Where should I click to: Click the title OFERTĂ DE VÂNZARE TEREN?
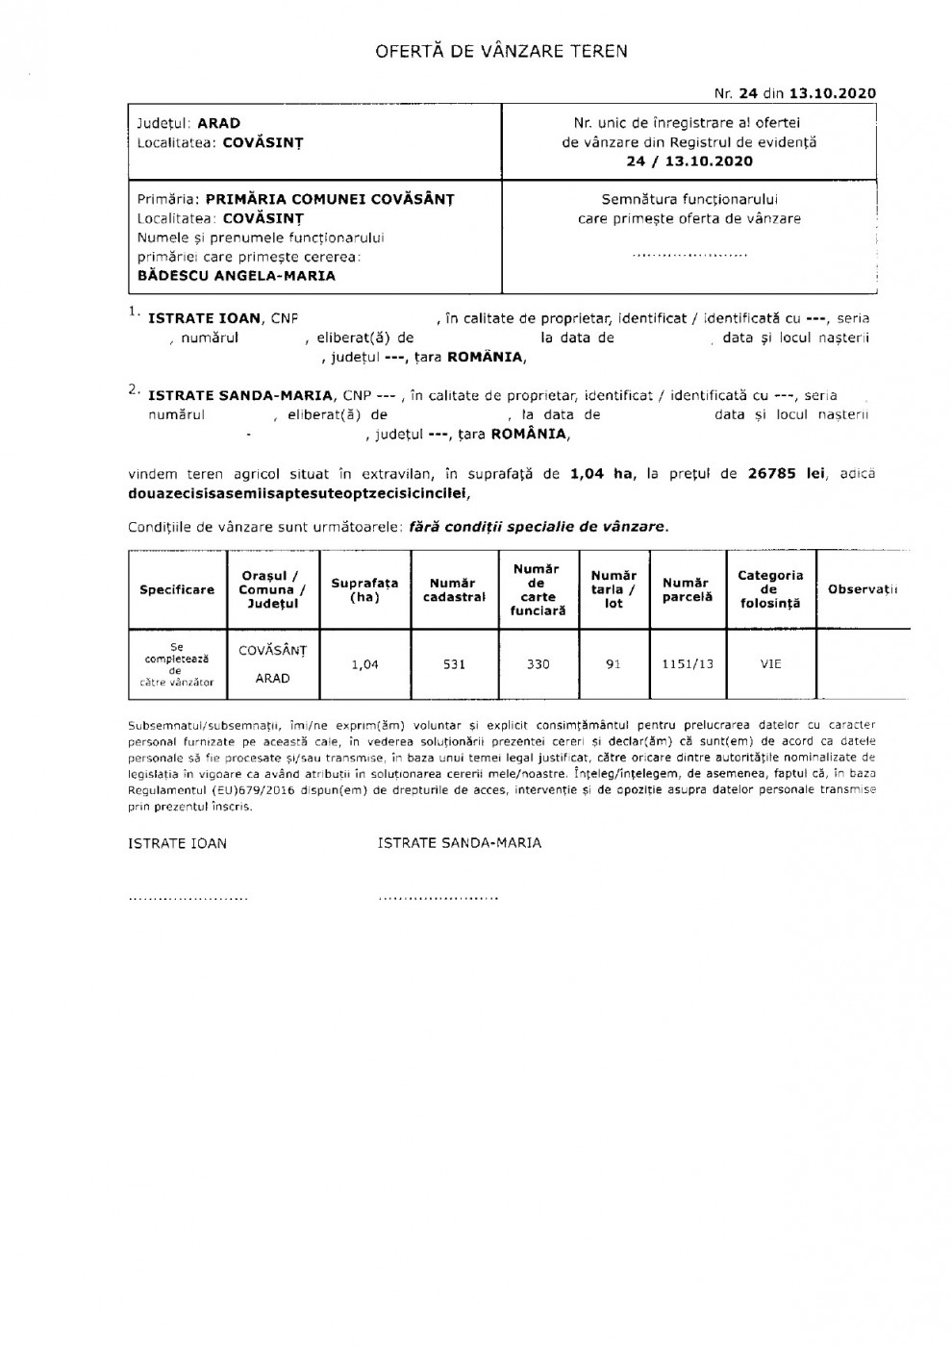click(x=501, y=51)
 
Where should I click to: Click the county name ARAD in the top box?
click(x=219, y=123)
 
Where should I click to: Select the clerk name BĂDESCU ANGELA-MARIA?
click(x=237, y=276)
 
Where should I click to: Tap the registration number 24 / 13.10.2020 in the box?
click(x=689, y=162)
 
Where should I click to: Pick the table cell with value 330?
click(x=538, y=664)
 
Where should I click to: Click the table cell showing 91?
click(x=614, y=664)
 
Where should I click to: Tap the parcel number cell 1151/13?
click(x=688, y=664)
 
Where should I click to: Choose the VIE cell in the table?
click(x=770, y=664)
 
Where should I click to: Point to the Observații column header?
click(x=862, y=589)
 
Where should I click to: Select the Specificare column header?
click(x=177, y=589)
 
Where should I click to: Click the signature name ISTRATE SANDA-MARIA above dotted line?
click(x=460, y=843)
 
